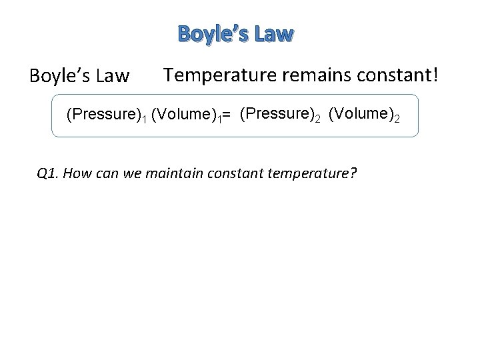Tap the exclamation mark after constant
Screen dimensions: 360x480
point(435,75)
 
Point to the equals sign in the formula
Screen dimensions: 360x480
point(227,116)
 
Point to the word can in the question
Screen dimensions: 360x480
point(108,175)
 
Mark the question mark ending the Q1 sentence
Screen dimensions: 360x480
point(353,174)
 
